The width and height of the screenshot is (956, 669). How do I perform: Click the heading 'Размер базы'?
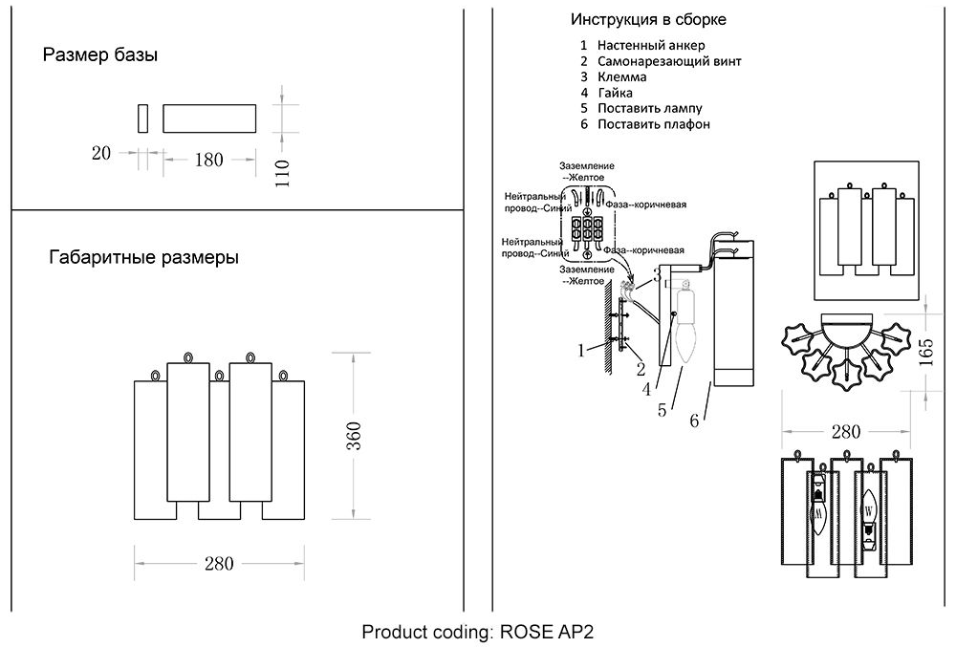[x=99, y=55]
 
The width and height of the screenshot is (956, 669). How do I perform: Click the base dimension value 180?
[x=208, y=160]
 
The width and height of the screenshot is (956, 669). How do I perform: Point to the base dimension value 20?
[x=102, y=153]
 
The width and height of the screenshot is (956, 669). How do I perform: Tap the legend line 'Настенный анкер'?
[x=651, y=45]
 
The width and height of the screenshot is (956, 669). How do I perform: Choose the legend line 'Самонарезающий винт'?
[x=669, y=61]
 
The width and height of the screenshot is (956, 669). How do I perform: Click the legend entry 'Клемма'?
[x=622, y=76]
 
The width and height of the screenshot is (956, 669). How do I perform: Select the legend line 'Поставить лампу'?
[x=649, y=108]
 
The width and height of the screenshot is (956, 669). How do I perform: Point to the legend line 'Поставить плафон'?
[x=653, y=124]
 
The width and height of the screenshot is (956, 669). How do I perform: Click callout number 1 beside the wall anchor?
[x=581, y=350]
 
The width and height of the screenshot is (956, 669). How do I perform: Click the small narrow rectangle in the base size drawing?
[x=142, y=118]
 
